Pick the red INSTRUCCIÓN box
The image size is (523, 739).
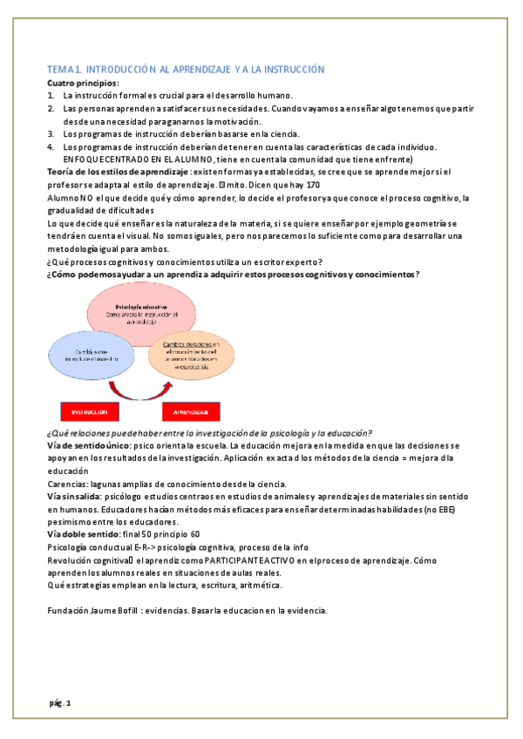tap(90, 410)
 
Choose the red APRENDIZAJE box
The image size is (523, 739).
tap(190, 410)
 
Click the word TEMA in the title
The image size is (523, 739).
tap(59, 69)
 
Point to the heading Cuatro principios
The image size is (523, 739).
tap(83, 82)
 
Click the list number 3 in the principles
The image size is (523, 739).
tap(51, 133)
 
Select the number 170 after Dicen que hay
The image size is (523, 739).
tap(313, 185)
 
